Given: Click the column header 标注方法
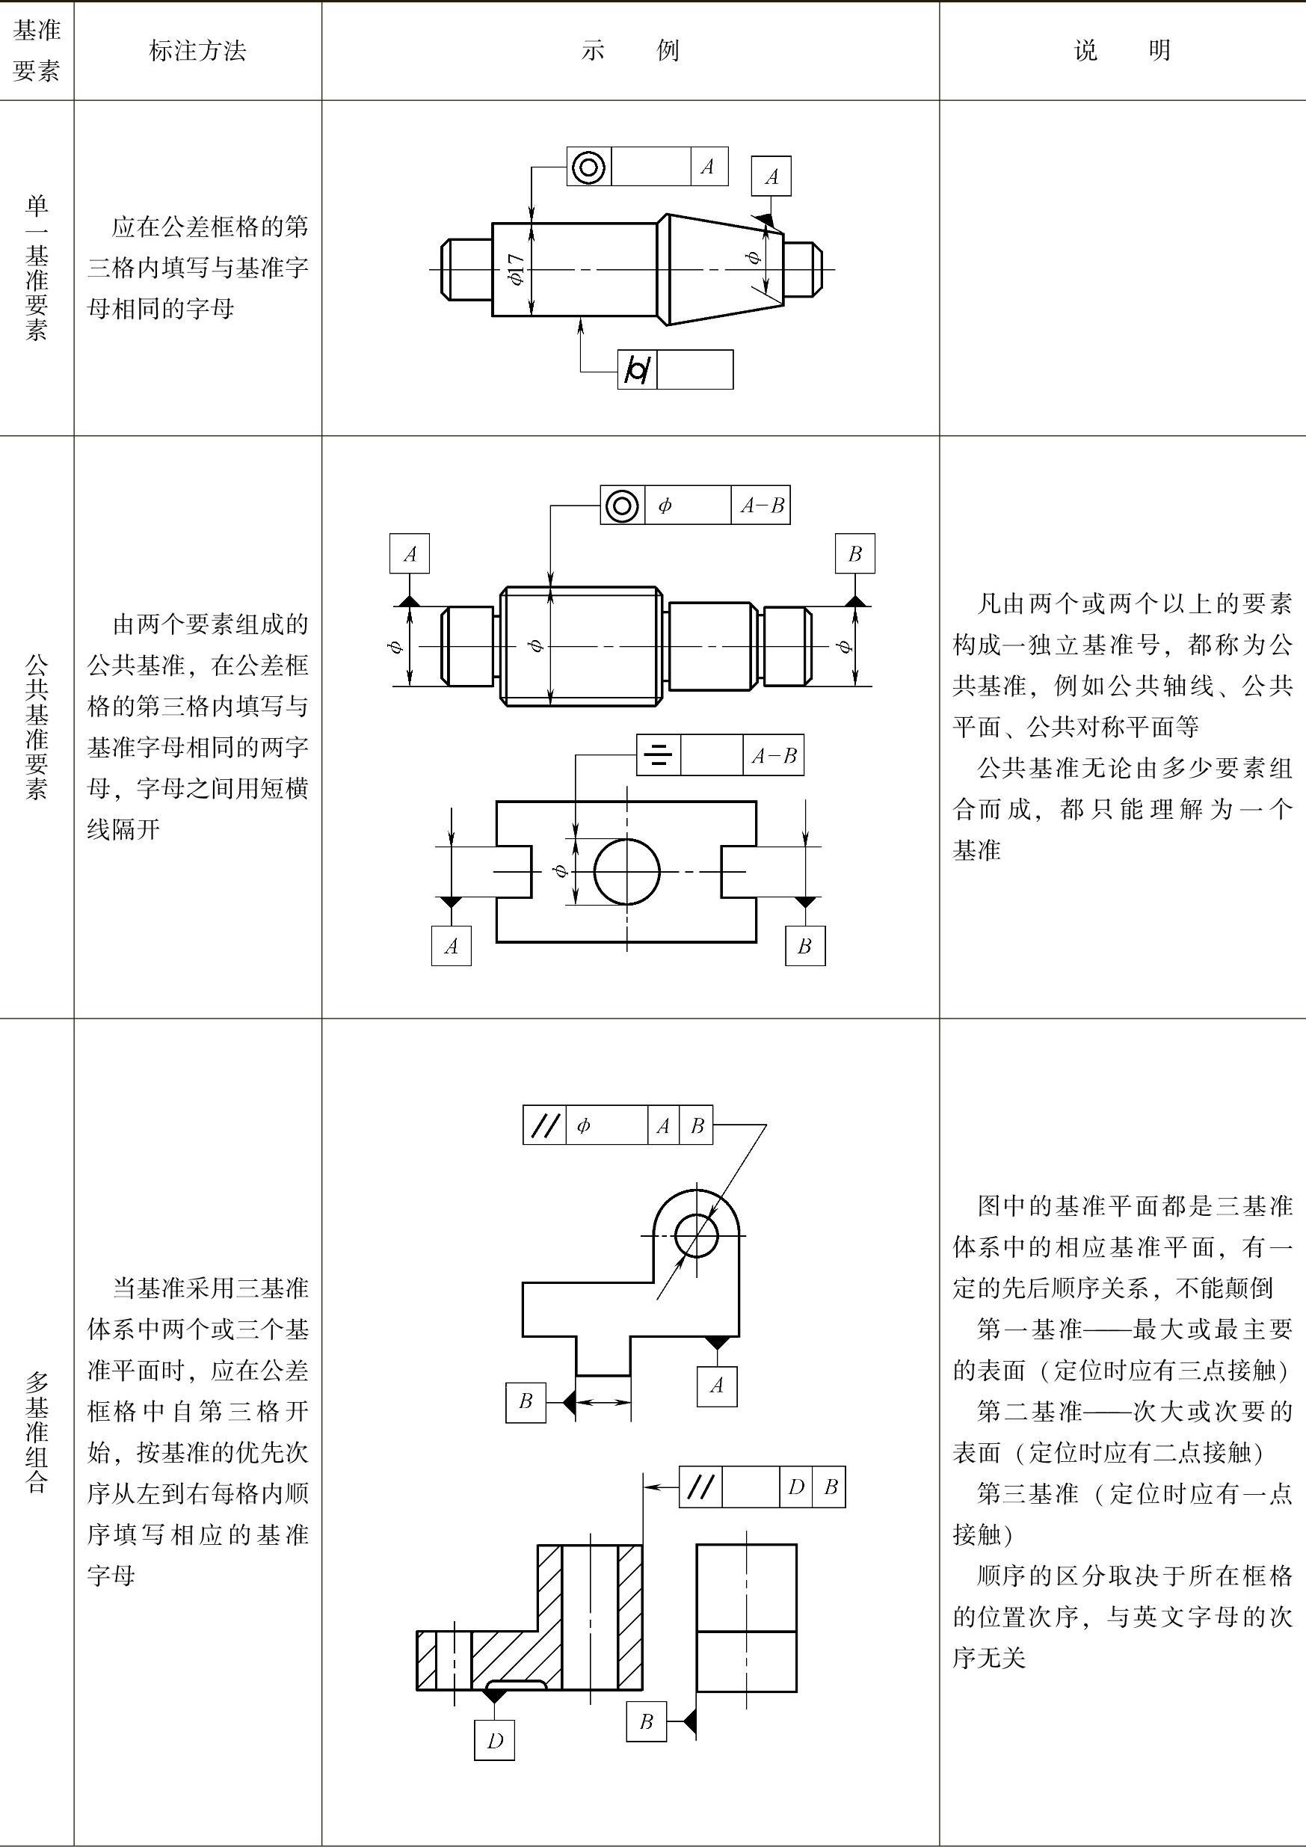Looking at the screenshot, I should click(197, 51).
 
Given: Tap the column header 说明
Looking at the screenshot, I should click(1122, 51).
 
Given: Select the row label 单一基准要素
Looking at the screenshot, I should click(37, 268).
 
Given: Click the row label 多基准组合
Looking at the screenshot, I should click(37, 1432).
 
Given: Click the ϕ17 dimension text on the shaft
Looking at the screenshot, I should click(517, 269).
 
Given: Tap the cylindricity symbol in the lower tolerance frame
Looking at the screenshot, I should click(637, 370).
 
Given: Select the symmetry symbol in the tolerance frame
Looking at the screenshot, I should click(659, 755).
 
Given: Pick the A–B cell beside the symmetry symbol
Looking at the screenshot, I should click(773, 755).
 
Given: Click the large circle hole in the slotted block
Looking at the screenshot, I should click(626, 871).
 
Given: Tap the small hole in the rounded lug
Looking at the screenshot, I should click(697, 1235).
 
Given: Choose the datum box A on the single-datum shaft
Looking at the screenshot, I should click(771, 176).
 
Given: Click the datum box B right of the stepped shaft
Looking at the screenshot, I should click(855, 553).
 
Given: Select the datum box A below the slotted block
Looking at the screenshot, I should click(451, 945).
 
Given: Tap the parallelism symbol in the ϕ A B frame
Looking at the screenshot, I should click(544, 1125).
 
